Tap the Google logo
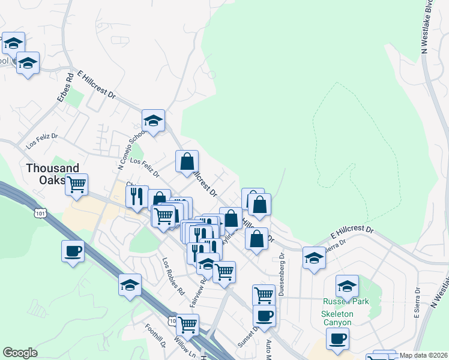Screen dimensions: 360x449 (20, 353)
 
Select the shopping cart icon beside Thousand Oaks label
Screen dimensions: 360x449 (77, 185)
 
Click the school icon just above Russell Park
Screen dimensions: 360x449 (347, 286)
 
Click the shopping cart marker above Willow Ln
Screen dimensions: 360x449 (188, 325)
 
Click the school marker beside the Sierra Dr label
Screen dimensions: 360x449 (314, 258)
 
